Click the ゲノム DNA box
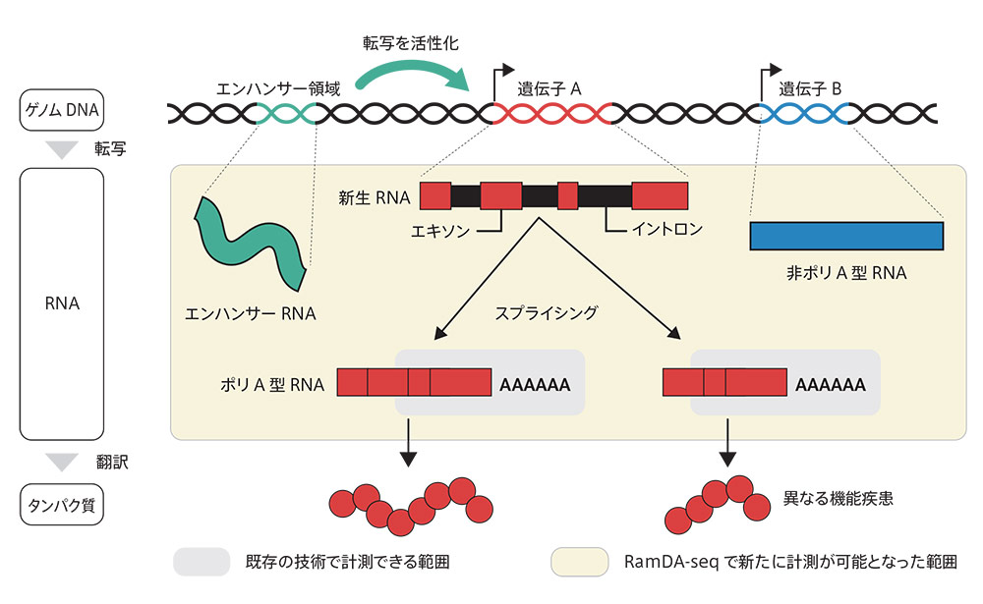pos(61,112)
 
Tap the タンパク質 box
pos(61,506)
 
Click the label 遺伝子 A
pos(550,88)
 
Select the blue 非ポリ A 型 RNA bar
pos(846,236)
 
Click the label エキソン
pos(441,232)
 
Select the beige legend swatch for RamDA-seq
pos(580,562)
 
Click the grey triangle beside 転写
pos(62,150)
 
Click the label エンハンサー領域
pos(278,88)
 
